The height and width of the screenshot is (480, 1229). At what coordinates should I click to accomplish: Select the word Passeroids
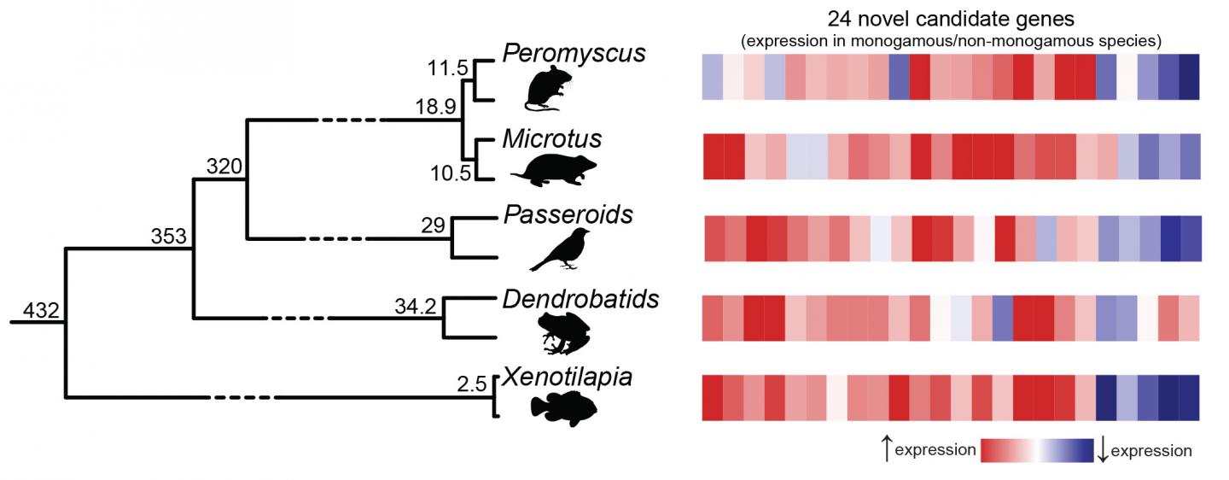click(x=568, y=214)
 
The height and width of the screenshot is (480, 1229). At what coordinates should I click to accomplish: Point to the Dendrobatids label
click(x=581, y=299)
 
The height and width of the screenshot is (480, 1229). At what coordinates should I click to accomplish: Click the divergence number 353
click(x=169, y=237)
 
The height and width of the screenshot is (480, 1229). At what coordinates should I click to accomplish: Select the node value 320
click(x=224, y=165)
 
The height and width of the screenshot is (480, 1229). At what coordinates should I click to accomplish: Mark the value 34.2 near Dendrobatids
click(x=416, y=305)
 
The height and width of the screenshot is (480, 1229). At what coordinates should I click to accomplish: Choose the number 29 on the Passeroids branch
click(x=434, y=225)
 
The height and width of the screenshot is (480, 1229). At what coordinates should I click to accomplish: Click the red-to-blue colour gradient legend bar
click(x=1037, y=450)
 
